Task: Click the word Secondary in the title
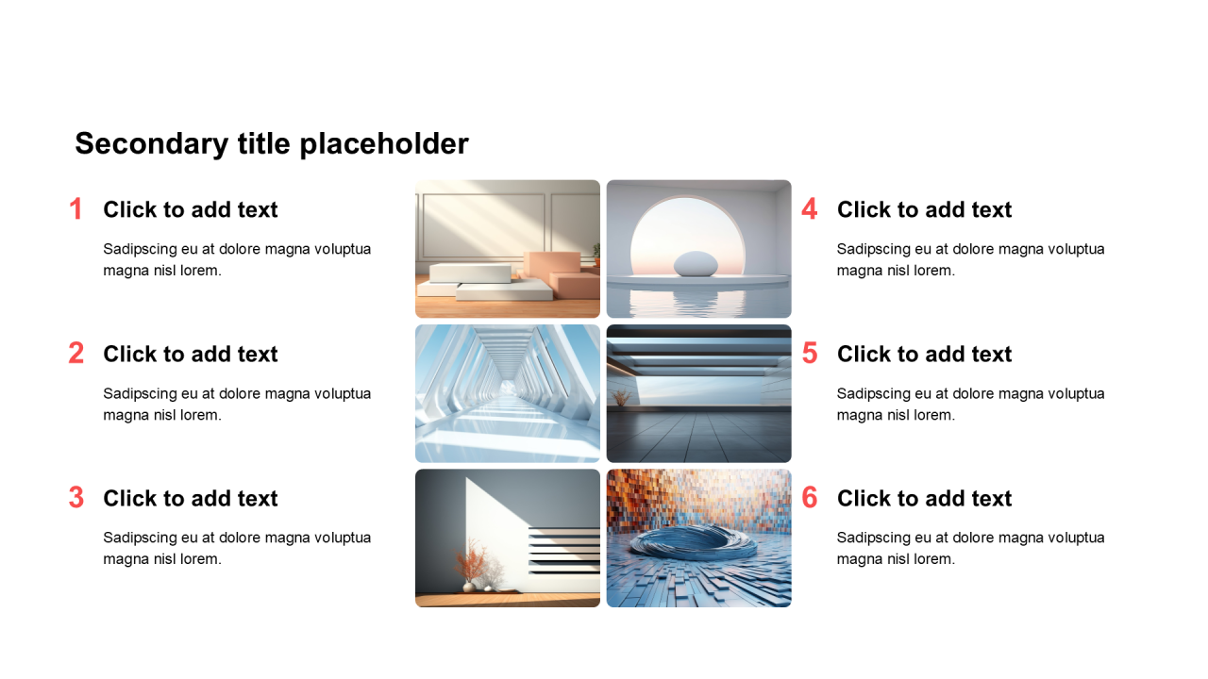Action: [152, 144]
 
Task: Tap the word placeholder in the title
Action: [384, 144]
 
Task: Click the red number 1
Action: [76, 209]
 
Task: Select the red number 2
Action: [76, 354]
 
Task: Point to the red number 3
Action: [76, 498]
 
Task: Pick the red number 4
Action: [810, 209]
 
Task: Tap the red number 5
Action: [810, 354]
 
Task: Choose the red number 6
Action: [810, 498]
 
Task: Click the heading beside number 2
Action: [191, 354]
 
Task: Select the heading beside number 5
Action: [924, 354]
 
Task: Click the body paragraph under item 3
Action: [237, 548]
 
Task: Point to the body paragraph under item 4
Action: [971, 259]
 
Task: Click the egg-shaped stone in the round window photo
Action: [696, 264]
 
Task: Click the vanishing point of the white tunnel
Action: [508, 387]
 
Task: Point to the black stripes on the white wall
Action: [564, 549]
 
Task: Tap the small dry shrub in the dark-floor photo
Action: [622, 397]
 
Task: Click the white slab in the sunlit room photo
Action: [470, 273]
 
